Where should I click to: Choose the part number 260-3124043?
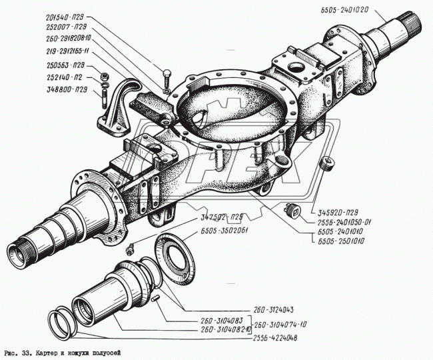pos(277,309)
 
